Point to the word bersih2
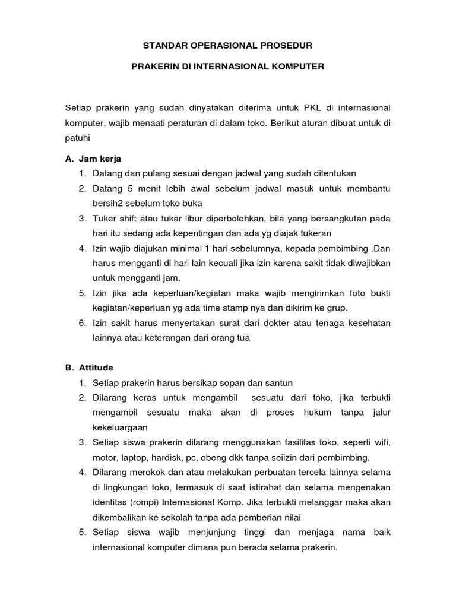[110, 203]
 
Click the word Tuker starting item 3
[106, 218]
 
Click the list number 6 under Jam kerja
[82, 323]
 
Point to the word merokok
[148, 472]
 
